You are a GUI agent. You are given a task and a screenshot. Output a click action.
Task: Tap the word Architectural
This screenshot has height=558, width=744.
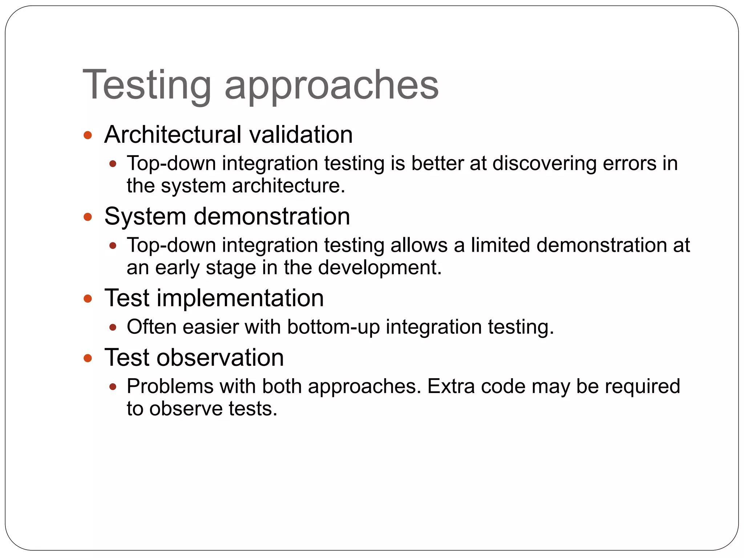(173, 135)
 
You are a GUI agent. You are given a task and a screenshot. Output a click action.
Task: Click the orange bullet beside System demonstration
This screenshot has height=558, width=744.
(88, 217)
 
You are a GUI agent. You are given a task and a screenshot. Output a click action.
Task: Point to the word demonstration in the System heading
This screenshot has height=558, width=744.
(272, 217)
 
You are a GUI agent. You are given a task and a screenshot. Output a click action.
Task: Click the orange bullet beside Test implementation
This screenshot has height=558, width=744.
(88, 299)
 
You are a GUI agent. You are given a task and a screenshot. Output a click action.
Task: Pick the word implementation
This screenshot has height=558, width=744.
(240, 298)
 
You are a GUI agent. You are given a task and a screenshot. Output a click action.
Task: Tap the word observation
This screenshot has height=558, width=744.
(220, 358)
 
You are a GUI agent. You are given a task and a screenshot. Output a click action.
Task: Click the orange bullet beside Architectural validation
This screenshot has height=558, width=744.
(88, 136)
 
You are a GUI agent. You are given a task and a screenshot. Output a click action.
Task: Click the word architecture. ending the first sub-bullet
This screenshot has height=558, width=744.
(288, 186)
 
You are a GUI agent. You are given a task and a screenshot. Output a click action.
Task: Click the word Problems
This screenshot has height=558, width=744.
(170, 386)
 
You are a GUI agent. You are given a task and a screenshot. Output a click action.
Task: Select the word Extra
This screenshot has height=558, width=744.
(451, 386)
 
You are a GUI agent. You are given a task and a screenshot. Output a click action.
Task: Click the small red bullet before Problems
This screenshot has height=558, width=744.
(113, 387)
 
